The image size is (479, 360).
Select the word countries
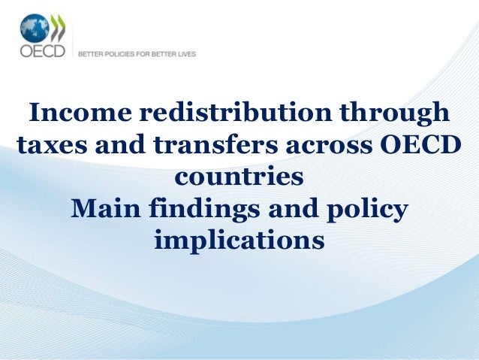(x=239, y=179)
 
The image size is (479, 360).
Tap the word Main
(x=104, y=210)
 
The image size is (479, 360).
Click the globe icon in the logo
(x=34, y=30)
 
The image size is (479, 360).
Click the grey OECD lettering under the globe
(x=42, y=53)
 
